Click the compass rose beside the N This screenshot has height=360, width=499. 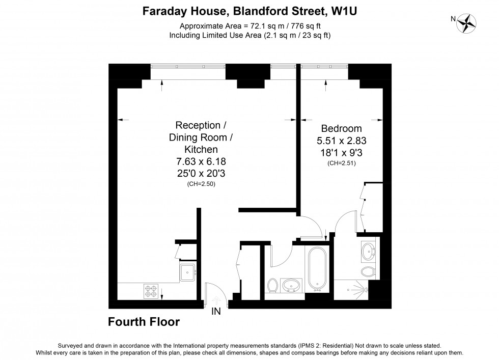pyautogui.click(x=466, y=23)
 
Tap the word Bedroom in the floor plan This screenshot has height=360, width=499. pyautogui.click(x=341, y=128)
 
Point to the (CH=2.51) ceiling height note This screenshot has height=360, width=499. pyautogui.click(x=341, y=163)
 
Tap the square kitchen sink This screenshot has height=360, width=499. pyautogui.click(x=187, y=272)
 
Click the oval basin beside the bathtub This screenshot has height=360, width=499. pyautogui.click(x=292, y=286)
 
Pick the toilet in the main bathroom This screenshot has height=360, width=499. pyautogui.click(x=272, y=286)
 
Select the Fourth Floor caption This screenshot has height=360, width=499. pyautogui.click(x=144, y=322)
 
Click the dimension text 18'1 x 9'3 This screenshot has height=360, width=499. pyautogui.click(x=341, y=152)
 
